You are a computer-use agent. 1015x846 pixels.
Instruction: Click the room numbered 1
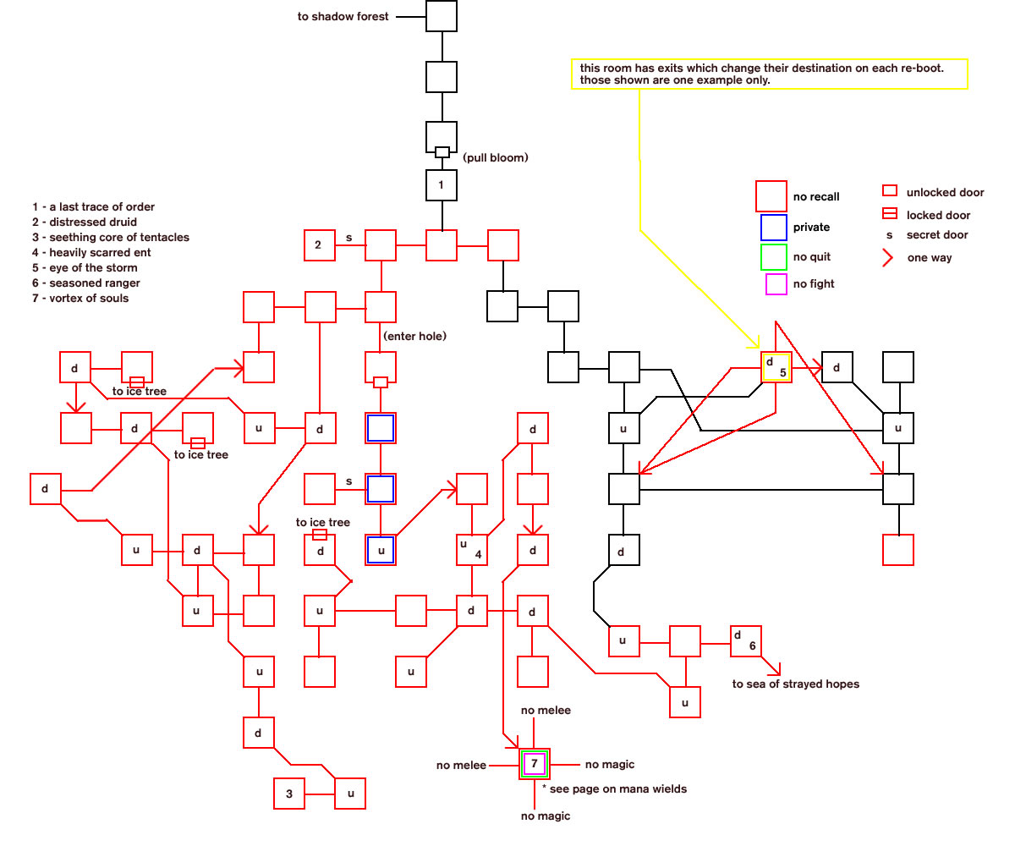point(441,184)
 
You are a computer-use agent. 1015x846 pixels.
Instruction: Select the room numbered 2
point(320,245)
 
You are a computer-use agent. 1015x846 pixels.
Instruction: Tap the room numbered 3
point(289,793)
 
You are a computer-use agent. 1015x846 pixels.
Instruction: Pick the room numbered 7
point(535,764)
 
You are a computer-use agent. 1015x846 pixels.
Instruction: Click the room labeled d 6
point(746,640)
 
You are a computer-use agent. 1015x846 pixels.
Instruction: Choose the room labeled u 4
point(471,549)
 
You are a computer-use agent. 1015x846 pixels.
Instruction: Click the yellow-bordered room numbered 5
point(776,367)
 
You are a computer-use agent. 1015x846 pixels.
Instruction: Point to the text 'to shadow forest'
point(343,17)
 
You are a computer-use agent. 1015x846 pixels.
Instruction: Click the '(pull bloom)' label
point(496,157)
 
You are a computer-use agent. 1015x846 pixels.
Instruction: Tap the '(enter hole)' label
point(414,336)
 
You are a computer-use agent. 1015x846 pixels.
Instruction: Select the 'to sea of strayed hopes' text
point(796,684)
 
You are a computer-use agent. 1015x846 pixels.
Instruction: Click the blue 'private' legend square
point(773,228)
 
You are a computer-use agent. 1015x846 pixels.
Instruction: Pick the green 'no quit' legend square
point(773,256)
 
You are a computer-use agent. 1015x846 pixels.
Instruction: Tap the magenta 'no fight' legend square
point(776,284)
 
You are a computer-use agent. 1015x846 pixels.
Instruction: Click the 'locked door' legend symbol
point(890,213)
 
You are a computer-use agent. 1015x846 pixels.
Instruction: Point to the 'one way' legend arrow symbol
point(887,258)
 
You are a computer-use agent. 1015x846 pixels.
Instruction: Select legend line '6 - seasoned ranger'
point(86,283)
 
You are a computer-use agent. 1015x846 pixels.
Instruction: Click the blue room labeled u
point(381,549)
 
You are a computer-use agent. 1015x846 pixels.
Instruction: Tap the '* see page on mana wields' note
point(614,788)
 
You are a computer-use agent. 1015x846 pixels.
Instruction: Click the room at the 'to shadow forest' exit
point(441,16)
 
